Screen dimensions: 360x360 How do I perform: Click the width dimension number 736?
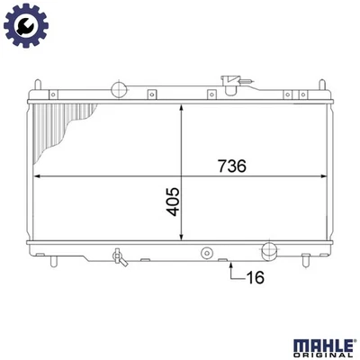[x=231, y=166]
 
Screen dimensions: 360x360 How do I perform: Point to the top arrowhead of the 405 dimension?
[x=184, y=106]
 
